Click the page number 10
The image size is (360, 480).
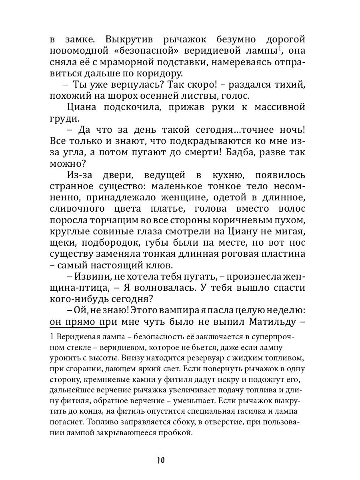(x=161, y=460)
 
